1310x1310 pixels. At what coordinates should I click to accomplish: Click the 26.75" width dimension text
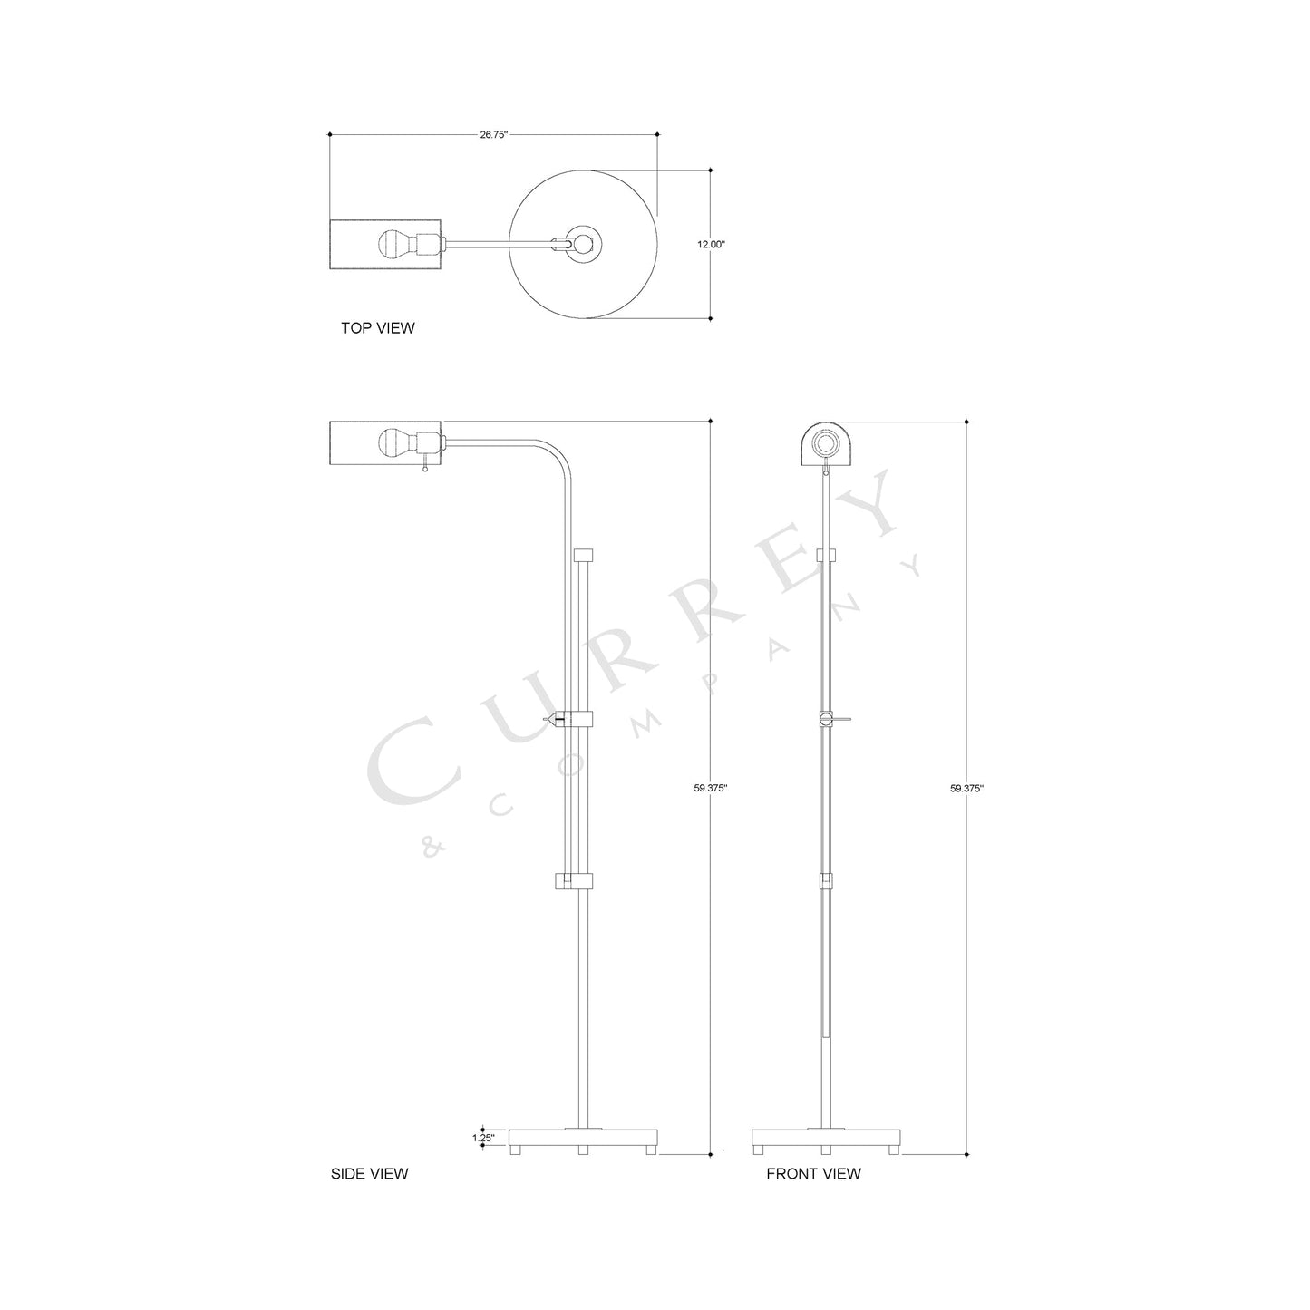pos(493,134)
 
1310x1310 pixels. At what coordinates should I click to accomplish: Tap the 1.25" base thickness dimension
pos(483,1137)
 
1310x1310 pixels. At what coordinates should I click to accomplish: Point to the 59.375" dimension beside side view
pos(712,788)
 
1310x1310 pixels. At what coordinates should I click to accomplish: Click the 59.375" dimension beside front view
pos(967,788)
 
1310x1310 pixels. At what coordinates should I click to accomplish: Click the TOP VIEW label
pos(377,328)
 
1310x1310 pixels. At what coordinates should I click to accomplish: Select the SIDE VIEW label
pos(369,1173)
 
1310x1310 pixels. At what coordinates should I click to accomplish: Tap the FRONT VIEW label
pos(813,1173)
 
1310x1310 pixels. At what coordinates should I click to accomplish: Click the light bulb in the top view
pos(394,244)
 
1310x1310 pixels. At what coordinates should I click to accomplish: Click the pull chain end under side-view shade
pos(424,470)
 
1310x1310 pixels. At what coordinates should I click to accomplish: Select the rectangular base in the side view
pos(583,1137)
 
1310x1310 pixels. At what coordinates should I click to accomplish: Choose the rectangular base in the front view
pos(826,1137)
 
